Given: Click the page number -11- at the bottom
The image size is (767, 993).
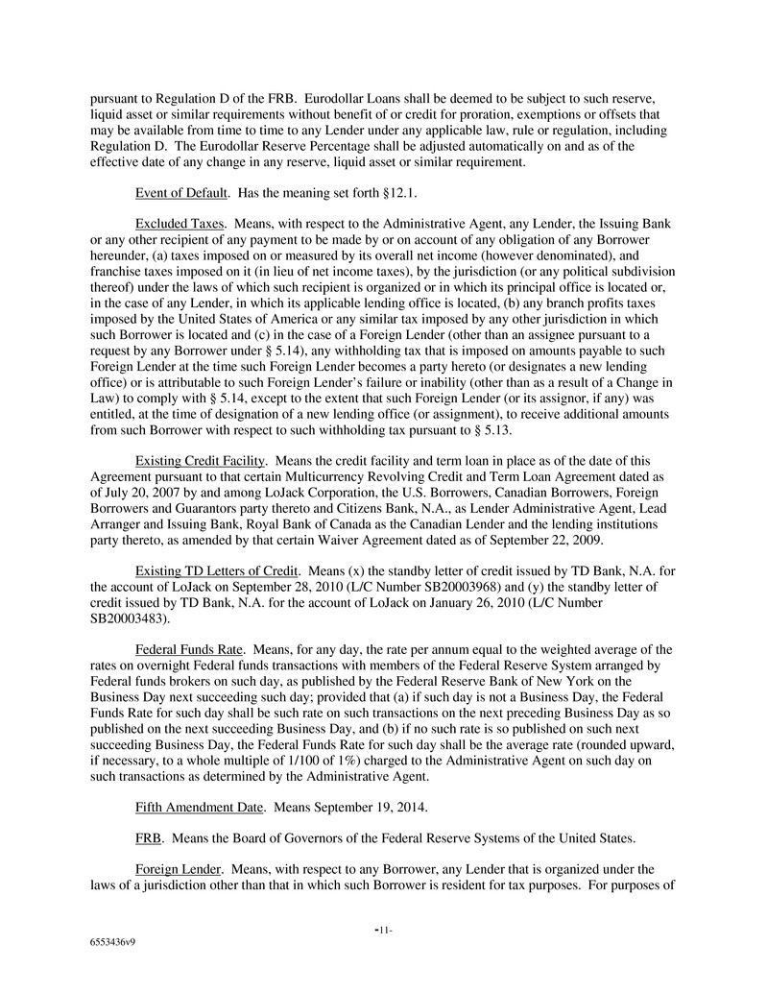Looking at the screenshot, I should coord(383,932).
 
